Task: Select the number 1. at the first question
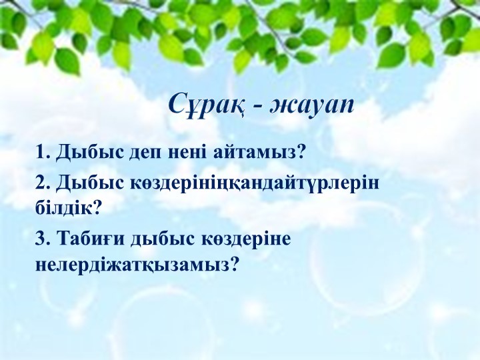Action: (x=43, y=152)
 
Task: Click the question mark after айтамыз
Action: (x=300, y=151)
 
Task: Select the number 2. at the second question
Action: (x=43, y=183)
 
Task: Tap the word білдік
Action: (x=63, y=208)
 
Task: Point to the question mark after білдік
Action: (x=97, y=208)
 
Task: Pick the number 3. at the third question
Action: (x=43, y=239)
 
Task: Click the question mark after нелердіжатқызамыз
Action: (x=234, y=264)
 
